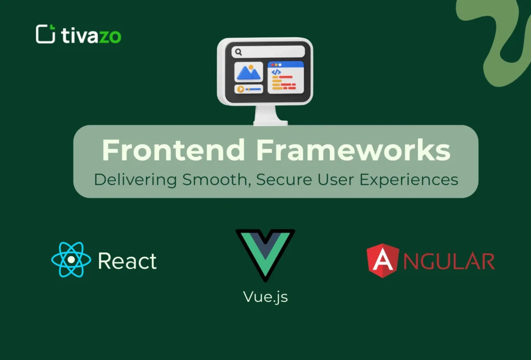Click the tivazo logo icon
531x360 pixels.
point(46,34)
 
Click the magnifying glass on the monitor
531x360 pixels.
point(239,52)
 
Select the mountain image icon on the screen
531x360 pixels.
point(248,72)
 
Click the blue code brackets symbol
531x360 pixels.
point(276,73)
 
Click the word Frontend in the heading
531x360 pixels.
point(173,150)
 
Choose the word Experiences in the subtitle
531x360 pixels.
point(407,180)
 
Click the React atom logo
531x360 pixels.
point(71,260)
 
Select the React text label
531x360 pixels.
point(127,261)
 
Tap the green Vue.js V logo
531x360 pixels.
point(265,254)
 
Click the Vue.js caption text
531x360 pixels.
point(265,297)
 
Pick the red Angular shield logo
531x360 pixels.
point(383,260)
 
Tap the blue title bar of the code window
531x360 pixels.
point(285,64)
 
